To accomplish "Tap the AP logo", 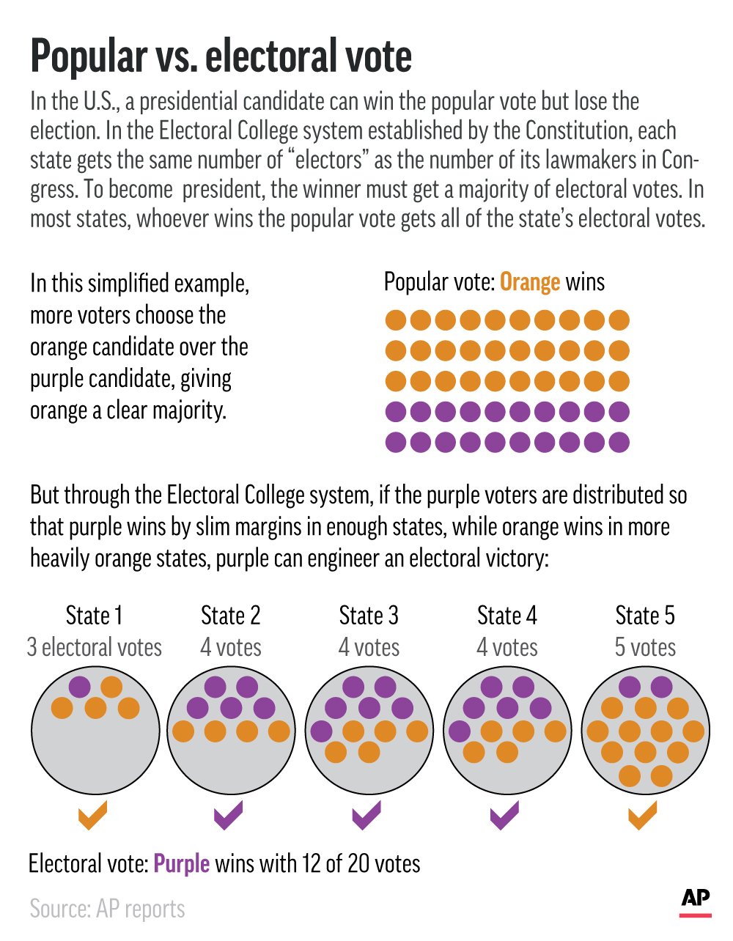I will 695,900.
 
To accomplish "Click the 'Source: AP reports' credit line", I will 107,909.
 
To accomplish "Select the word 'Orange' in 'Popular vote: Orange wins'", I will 530,282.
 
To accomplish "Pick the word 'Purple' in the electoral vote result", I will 181,863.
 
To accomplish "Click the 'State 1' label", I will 94,616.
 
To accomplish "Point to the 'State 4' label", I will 507,616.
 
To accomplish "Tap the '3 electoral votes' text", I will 94,647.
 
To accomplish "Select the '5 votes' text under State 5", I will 645,647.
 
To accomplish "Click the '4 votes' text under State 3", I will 369,647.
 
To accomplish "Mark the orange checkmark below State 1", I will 92,816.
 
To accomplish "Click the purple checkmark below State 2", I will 228,816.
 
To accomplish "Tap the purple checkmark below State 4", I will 504,816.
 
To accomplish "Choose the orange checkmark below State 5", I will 642,816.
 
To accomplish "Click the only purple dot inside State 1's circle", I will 79,687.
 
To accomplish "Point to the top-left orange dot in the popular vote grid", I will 395,320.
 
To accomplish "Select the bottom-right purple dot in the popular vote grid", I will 619,443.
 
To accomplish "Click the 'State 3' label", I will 369,616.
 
